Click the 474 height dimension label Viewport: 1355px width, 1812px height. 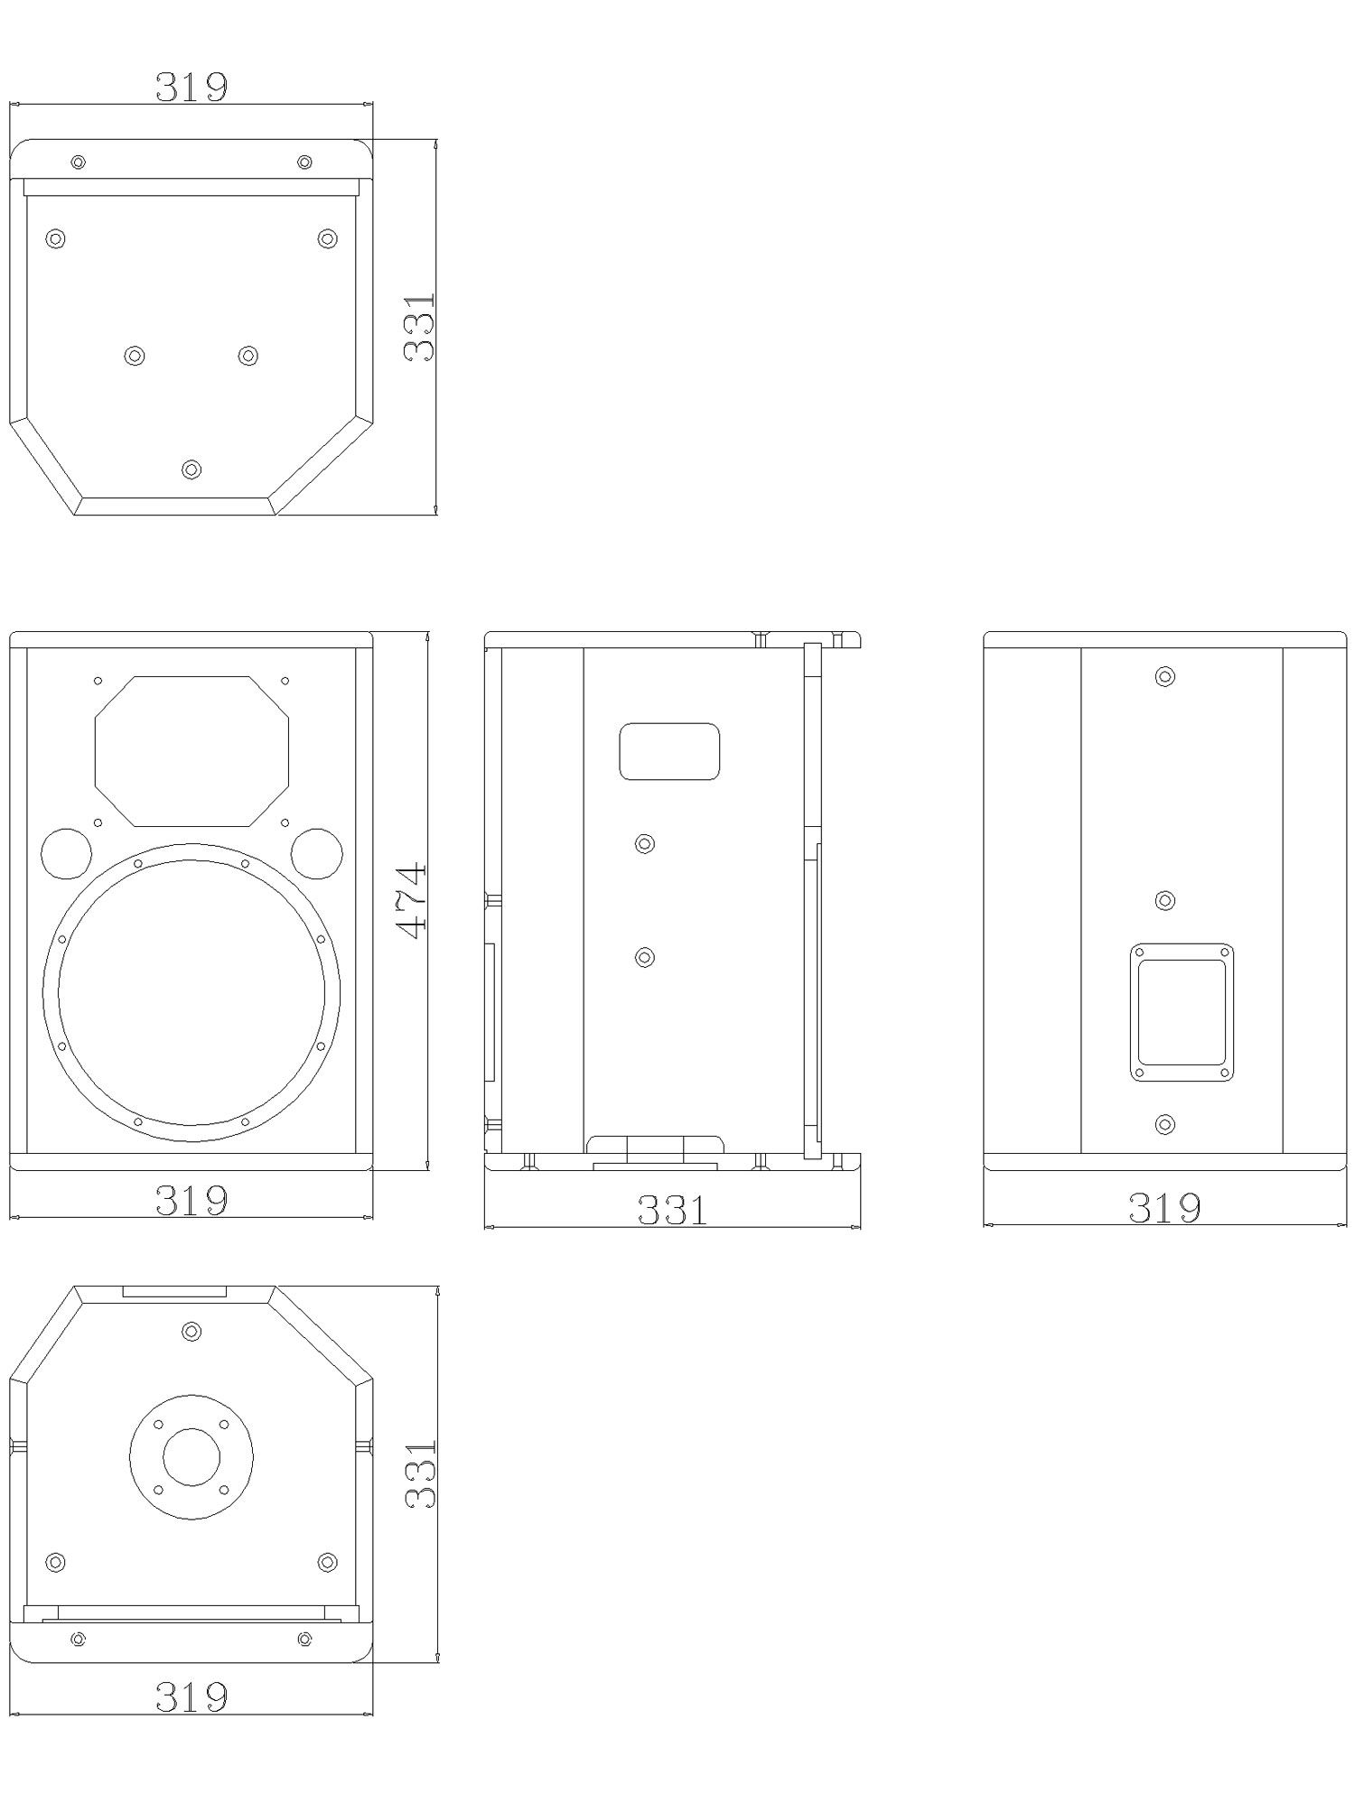pos(413,901)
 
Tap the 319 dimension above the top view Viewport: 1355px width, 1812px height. pos(192,87)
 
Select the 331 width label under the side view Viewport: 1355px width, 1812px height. pos(673,1210)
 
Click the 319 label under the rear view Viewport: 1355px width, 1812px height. pos(1164,1207)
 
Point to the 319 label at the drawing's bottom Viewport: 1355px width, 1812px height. pos(192,1696)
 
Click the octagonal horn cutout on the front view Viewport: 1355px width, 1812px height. pos(192,751)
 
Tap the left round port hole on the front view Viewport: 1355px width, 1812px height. pos(66,853)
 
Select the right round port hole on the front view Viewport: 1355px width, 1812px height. pos(317,853)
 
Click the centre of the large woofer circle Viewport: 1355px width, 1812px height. pos(192,992)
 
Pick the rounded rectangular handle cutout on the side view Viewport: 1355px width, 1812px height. pos(669,751)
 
